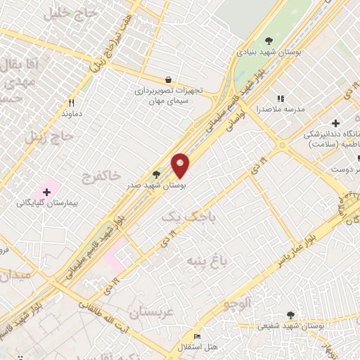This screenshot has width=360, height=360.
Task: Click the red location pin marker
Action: [x=181, y=166]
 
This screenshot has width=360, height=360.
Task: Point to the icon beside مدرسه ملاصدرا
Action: [x=281, y=98]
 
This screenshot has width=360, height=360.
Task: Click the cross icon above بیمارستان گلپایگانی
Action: [x=47, y=191]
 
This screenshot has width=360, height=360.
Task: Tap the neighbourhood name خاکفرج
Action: [x=101, y=174]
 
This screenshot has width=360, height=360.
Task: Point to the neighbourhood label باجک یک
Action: [x=181, y=219]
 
